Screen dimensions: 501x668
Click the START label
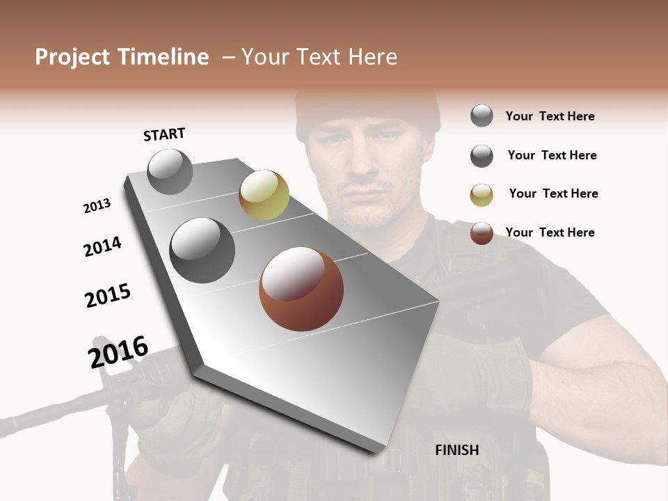point(164,134)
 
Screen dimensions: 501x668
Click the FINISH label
point(457,450)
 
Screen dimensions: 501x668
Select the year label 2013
point(97,206)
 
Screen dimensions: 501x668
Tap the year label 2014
point(102,246)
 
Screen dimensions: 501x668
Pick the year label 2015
point(108,296)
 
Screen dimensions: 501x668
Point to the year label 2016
point(118,351)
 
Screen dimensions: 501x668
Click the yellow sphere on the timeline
point(264,195)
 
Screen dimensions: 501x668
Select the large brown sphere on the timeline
point(301,289)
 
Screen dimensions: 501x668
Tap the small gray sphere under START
point(170,171)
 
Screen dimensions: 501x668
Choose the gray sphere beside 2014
point(202,250)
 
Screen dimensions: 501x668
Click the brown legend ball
point(482,233)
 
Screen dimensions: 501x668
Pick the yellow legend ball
point(482,195)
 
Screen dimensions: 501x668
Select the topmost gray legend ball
point(482,116)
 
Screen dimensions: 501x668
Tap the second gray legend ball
point(482,156)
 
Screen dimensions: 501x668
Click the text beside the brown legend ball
point(550,232)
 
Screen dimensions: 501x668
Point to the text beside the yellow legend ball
point(553,193)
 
